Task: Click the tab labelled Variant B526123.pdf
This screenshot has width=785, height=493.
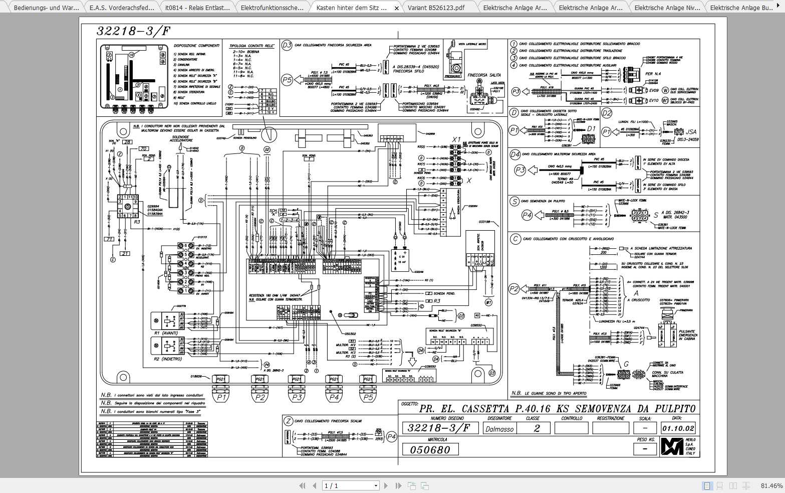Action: [x=436, y=8]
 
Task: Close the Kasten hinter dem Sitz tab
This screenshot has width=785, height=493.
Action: [x=397, y=8]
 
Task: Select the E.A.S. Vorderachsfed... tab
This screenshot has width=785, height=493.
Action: [x=119, y=8]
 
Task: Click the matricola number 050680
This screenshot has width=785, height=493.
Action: [x=430, y=449]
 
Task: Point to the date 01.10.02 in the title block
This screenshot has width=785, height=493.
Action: [x=678, y=428]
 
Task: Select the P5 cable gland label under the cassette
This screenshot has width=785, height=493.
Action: [x=368, y=398]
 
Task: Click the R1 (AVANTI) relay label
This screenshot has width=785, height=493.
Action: [x=165, y=333]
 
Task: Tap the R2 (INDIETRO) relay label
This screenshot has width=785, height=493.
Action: [x=168, y=359]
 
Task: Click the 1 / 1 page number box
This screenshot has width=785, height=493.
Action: [x=351, y=485]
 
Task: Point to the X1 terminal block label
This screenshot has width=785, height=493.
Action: [x=456, y=139]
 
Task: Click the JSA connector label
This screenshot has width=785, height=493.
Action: [x=691, y=132]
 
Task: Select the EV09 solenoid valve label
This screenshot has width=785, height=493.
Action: [x=653, y=91]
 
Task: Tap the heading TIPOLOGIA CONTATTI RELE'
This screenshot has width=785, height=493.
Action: [x=251, y=46]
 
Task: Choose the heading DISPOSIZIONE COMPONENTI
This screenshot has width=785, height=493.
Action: [x=196, y=46]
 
